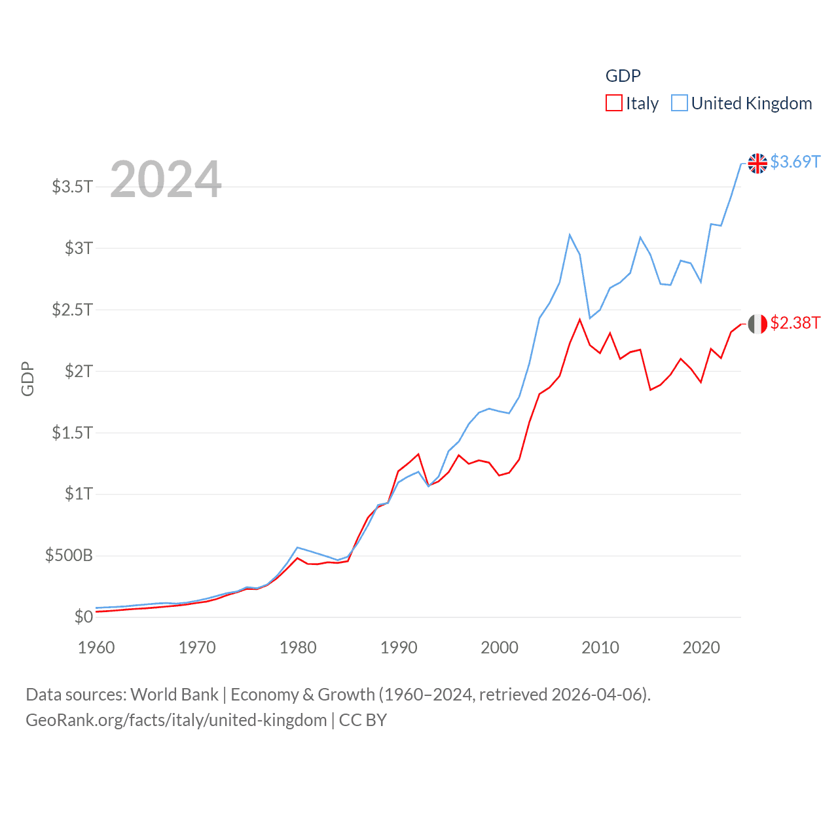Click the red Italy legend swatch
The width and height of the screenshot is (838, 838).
(613, 103)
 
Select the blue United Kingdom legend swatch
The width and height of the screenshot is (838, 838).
(680, 103)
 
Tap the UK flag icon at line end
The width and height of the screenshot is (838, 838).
(757, 163)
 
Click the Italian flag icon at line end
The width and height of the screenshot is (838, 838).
(757, 324)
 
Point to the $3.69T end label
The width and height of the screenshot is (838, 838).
(795, 162)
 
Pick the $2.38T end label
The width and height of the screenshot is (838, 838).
(795, 323)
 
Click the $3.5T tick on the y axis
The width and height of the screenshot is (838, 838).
(72, 187)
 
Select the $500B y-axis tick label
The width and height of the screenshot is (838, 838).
(69, 556)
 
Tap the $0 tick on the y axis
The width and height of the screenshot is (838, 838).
(83, 617)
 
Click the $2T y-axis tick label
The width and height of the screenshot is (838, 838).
(79, 371)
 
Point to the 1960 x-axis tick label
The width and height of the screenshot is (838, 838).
(96, 647)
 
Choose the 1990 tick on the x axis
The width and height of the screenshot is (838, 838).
(399, 647)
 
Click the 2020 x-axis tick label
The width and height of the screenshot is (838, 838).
(701, 647)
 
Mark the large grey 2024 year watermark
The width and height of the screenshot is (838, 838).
(166, 179)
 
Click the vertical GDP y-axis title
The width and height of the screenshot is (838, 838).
(27, 378)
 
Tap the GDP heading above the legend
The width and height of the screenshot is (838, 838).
(623, 76)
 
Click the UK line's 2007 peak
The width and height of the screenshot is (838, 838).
(570, 234)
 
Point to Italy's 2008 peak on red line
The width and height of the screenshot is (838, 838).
(579, 319)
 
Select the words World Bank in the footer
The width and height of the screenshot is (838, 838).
(174, 694)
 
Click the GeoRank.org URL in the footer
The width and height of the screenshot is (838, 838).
(176, 720)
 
